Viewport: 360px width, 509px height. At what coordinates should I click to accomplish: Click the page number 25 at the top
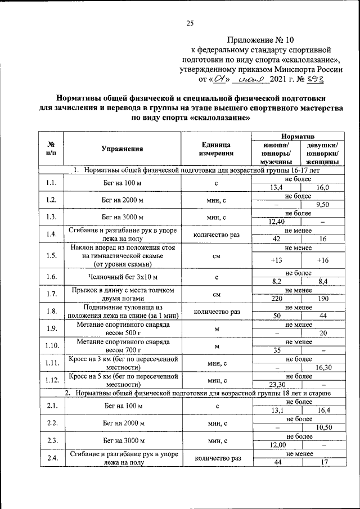click(190, 23)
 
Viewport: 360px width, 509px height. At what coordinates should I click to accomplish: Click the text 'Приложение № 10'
click(262, 40)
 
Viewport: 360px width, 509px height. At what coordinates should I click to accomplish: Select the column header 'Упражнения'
click(122, 149)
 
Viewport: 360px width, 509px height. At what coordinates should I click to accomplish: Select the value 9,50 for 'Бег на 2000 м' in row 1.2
click(322, 205)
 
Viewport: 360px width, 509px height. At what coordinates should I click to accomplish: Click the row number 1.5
click(52, 256)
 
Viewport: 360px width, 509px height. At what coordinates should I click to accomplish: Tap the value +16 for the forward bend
click(322, 260)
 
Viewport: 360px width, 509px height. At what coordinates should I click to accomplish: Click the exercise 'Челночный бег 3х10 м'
click(122, 277)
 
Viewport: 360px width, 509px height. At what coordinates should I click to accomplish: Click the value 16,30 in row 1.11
click(322, 367)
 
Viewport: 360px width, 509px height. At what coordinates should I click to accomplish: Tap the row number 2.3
click(52, 440)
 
